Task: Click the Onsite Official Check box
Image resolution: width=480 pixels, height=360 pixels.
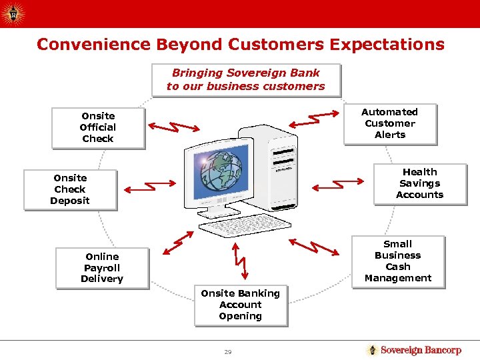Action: [x=98, y=127]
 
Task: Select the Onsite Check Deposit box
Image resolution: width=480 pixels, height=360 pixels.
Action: [x=70, y=189]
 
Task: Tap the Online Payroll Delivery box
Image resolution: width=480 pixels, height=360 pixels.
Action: [x=102, y=268]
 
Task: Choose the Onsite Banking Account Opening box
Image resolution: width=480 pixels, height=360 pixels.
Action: [x=241, y=305]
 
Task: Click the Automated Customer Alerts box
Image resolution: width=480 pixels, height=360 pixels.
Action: [x=390, y=124]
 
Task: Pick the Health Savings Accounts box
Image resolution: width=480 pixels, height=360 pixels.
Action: [x=419, y=183]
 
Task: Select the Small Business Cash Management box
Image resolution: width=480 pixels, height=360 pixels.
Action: [x=398, y=261]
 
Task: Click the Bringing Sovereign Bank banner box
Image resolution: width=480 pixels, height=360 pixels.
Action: [x=246, y=80]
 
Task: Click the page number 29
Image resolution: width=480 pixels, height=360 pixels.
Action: [x=227, y=351]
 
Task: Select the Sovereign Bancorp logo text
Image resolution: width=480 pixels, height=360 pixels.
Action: [x=420, y=350]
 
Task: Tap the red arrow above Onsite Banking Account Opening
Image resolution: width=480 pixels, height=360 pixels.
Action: [x=239, y=259]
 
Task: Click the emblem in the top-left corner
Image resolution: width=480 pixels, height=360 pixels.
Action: [x=13, y=13]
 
